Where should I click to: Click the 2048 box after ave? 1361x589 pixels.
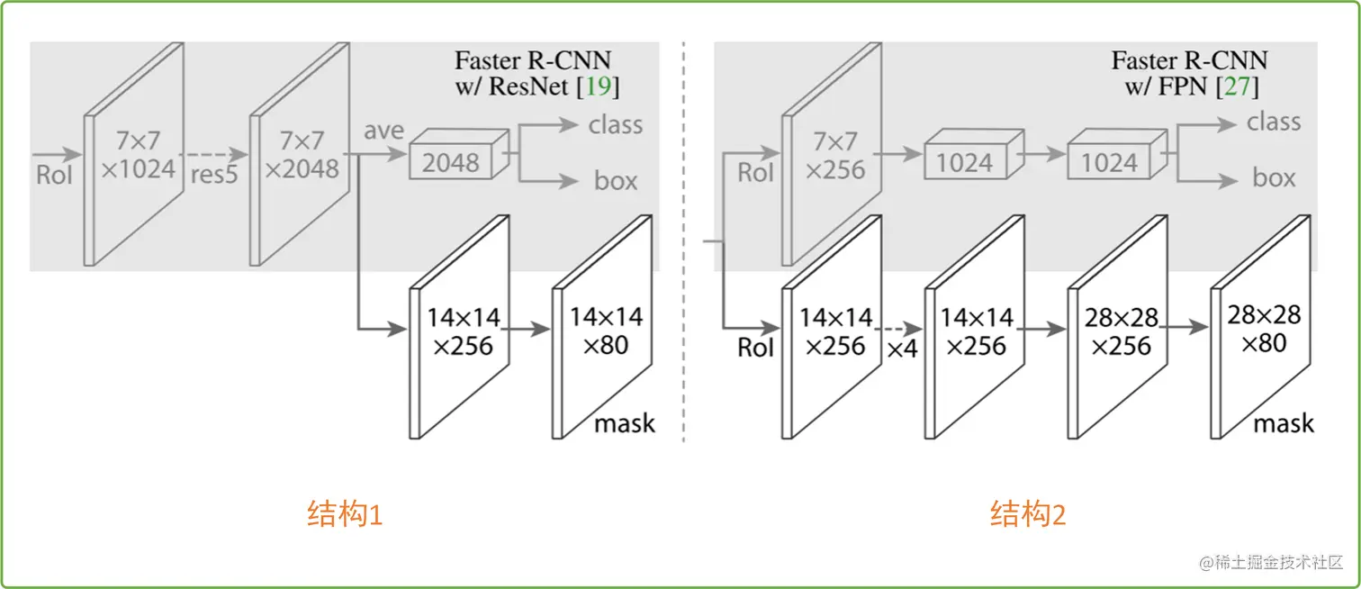click(452, 163)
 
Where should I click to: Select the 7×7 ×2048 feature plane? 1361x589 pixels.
click(300, 155)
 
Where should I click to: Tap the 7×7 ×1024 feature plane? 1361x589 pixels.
click(136, 155)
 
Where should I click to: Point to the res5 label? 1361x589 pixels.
click(214, 174)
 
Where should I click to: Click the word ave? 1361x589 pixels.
click(383, 131)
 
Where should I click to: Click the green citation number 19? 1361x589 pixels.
click(598, 87)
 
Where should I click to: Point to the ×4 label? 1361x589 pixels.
click(902, 349)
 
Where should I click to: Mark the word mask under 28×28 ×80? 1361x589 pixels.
click(1284, 423)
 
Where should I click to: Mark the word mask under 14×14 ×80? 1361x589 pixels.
click(624, 423)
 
